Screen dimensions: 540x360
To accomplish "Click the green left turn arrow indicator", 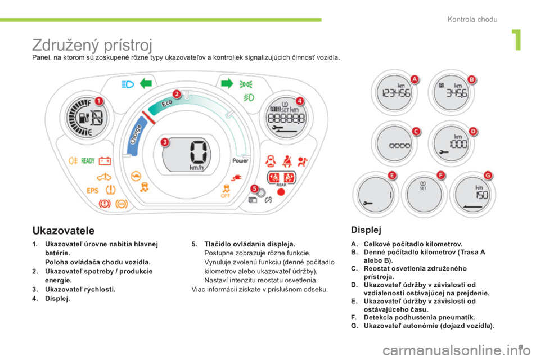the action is click(146, 83).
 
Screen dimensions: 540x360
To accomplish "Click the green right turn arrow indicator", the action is click(227, 83).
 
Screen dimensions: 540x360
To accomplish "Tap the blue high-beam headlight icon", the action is click(128, 84).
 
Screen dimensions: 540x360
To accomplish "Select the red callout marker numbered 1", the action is click(99, 101).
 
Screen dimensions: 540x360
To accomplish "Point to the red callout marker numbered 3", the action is click(165, 142).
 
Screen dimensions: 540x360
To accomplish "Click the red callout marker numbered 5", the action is click(254, 188).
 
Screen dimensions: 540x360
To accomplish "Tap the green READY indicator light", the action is click(88, 160).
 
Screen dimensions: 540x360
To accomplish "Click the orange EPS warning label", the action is click(92, 191).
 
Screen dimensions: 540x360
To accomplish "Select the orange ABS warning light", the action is click(121, 204).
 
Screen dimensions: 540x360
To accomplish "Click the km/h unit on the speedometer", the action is click(197, 168).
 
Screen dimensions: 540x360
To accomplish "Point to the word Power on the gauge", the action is click(240, 160).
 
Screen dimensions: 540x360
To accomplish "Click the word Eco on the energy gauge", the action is click(168, 103).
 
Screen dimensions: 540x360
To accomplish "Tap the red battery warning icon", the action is click(105, 160).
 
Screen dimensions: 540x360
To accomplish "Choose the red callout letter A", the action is click(415, 79).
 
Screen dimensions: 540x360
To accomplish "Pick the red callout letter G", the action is click(488, 175).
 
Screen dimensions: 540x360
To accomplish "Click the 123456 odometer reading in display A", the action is click(397, 93).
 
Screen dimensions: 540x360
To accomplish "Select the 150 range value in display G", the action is click(482, 195).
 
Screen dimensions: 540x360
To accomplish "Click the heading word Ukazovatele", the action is click(64, 230).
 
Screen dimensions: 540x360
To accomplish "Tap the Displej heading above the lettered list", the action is click(366, 229).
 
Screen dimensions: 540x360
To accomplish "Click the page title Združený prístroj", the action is click(92, 45).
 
